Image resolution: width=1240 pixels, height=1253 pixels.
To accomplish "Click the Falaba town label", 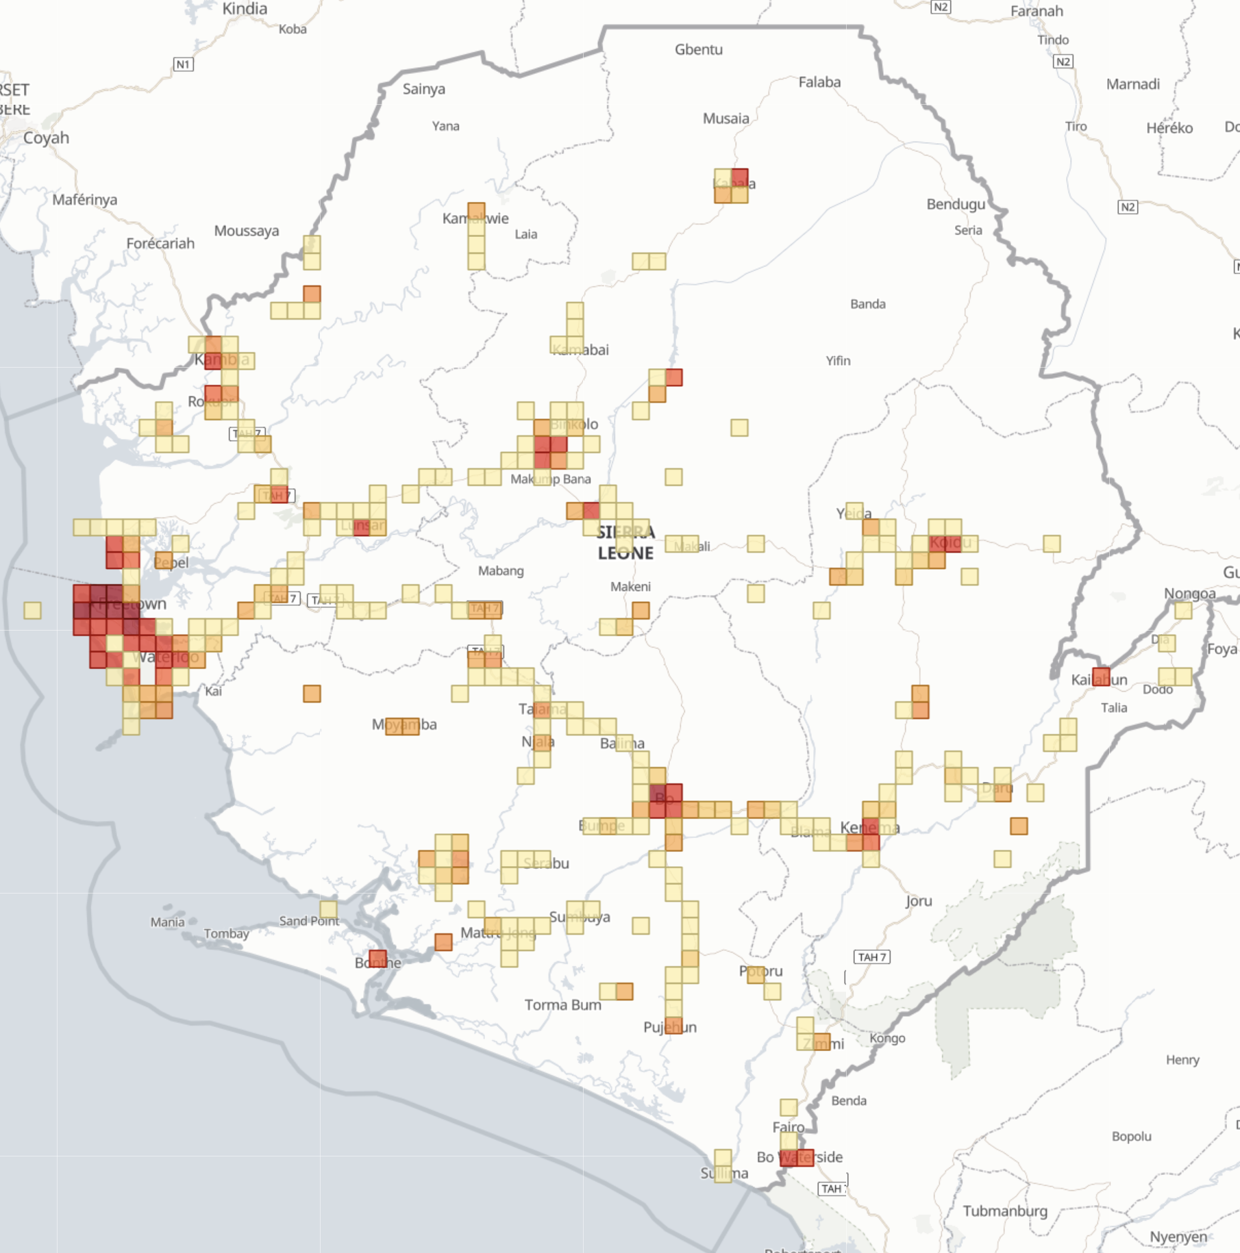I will tap(819, 82).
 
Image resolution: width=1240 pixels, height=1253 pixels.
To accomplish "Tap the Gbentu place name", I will tap(698, 49).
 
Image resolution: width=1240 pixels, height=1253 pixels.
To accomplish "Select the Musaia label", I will tap(726, 118).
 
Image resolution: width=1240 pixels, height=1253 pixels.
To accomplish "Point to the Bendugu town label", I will tap(956, 204).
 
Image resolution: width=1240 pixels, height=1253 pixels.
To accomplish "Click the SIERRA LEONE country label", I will tap(625, 542).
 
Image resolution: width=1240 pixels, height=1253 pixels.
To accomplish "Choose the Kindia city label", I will tap(245, 9).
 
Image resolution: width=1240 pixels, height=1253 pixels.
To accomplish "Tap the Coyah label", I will tap(46, 138).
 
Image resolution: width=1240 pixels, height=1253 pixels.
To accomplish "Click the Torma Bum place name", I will tap(562, 1004).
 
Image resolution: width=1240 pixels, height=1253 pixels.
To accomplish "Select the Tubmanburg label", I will tap(1005, 1211).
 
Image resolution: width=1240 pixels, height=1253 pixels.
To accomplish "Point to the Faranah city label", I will tap(1037, 11).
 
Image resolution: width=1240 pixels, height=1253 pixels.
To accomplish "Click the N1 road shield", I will tap(183, 64).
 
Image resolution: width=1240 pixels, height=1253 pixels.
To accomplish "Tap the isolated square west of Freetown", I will tap(32, 610).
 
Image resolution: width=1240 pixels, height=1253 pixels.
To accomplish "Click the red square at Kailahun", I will tap(1101, 676).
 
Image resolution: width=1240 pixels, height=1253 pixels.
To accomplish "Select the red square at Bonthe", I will tap(377, 959).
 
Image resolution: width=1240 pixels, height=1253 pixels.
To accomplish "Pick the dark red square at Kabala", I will tap(739, 178).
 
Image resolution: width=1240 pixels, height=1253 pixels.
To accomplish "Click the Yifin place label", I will tap(838, 361).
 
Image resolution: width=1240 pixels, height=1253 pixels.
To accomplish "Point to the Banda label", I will tap(867, 304).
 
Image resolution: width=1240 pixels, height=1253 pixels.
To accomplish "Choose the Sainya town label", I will tap(423, 89).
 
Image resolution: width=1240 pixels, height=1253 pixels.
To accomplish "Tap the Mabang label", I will tap(501, 571).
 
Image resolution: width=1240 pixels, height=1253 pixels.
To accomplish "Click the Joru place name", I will tap(918, 901).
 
